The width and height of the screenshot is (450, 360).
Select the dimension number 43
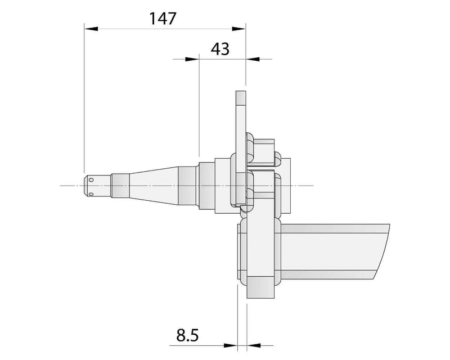click(x=219, y=49)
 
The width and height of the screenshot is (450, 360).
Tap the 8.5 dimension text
click(x=187, y=336)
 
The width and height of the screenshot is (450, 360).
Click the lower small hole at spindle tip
click(x=91, y=194)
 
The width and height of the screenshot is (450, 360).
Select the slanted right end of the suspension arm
click(x=385, y=247)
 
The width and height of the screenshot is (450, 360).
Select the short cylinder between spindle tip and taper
click(x=119, y=186)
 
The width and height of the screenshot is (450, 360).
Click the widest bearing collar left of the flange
click(x=222, y=186)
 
